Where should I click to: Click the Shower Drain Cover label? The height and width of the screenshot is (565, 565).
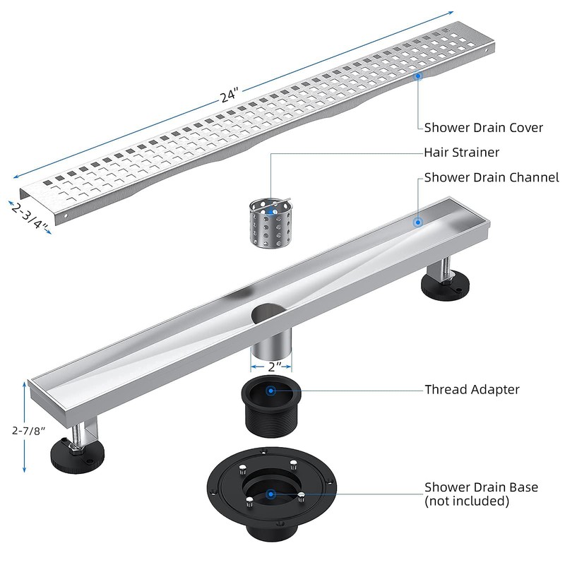[x=483, y=128]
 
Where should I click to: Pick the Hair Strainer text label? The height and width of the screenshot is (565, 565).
[x=461, y=152]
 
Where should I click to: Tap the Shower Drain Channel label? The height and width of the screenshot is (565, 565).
[x=491, y=177]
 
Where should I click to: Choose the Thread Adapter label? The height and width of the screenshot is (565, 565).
[x=472, y=389]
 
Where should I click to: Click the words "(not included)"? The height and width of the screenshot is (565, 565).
[x=466, y=501]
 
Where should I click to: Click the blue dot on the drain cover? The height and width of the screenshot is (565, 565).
[x=418, y=75]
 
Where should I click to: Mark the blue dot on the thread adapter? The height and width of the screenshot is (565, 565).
[x=270, y=388]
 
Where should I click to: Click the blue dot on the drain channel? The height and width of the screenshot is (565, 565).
[x=417, y=222]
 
